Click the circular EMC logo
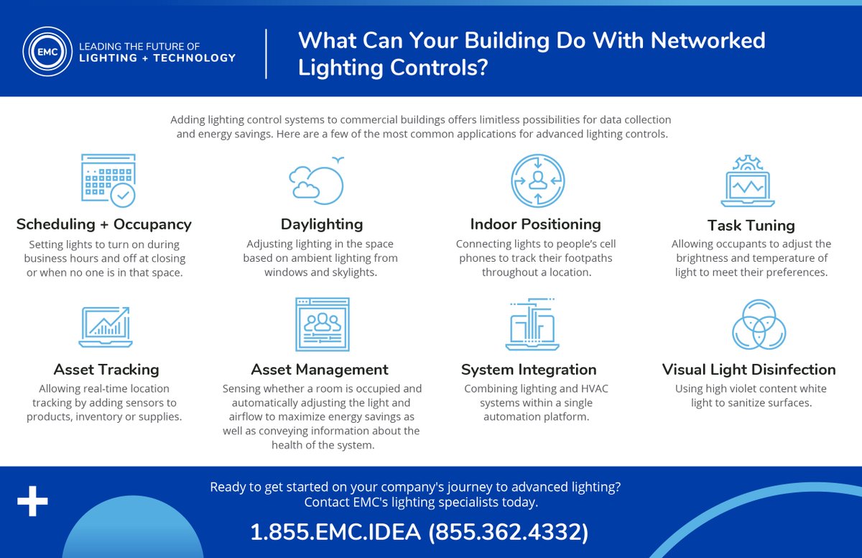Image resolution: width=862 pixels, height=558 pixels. pyautogui.click(x=47, y=52)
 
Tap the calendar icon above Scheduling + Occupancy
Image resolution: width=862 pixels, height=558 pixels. pyautogui.click(x=108, y=180)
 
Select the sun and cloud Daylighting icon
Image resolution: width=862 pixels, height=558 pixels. pyautogui.click(x=316, y=180)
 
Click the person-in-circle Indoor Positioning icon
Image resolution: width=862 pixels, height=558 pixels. pyautogui.click(x=537, y=180)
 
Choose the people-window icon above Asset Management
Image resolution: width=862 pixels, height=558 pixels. pyautogui.click(x=322, y=324)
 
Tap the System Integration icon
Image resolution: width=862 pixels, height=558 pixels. pyautogui.click(x=532, y=325)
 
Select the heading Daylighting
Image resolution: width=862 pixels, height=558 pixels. pyautogui.click(x=321, y=224)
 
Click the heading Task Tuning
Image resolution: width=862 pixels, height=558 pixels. pyautogui.click(x=751, y=225)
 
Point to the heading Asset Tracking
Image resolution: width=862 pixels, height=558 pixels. pyautogui.click(x=106, y=370)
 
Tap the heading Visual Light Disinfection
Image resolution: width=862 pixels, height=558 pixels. pyautogui.click(x=749, y=370)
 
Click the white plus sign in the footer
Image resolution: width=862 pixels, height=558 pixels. pyautogui.click(x=32, y=503)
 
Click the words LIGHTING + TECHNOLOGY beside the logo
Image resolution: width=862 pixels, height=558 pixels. pyautogui.click(x=156, y=58)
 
